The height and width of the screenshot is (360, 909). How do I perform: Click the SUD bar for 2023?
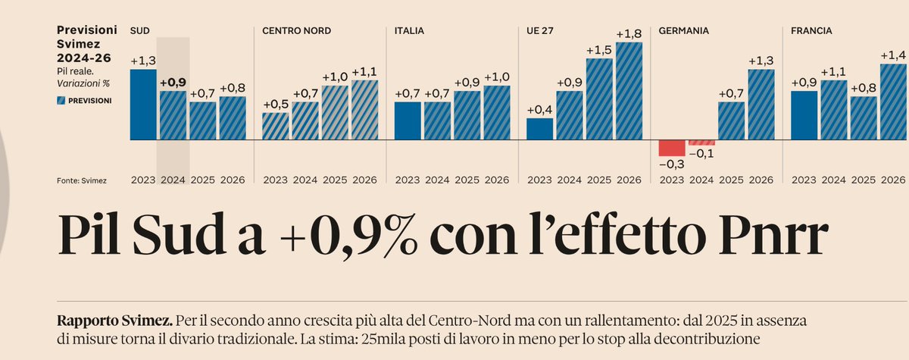click(x=143, y=105)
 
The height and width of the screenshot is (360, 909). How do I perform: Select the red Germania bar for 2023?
click(x=672, y=148)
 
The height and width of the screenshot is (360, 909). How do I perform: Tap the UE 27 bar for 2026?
click(x=629, y=91)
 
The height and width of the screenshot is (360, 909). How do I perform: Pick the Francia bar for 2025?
click(x=864, y=118)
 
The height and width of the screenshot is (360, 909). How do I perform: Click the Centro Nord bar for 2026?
click(x=364, y=110)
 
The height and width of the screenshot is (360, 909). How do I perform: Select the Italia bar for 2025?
click(x=467, y=115)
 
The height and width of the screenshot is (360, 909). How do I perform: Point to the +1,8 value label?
click(x=629, y=34)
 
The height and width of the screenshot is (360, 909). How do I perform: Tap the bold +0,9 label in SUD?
click(x=173, y=82)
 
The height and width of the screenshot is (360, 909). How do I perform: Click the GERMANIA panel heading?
click(x=683, y=31)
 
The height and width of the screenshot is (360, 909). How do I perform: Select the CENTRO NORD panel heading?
click(x=296, y=31)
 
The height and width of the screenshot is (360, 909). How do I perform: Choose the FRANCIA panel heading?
click(x=811, y=31)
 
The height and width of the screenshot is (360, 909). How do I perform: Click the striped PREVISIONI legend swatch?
click(x=61, y=100)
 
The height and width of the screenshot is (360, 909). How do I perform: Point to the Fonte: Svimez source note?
click(x=82, y=180)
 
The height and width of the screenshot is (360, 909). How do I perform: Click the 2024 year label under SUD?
click(x=173, y=180)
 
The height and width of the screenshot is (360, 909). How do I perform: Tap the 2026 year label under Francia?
click(x=893, y=180)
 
